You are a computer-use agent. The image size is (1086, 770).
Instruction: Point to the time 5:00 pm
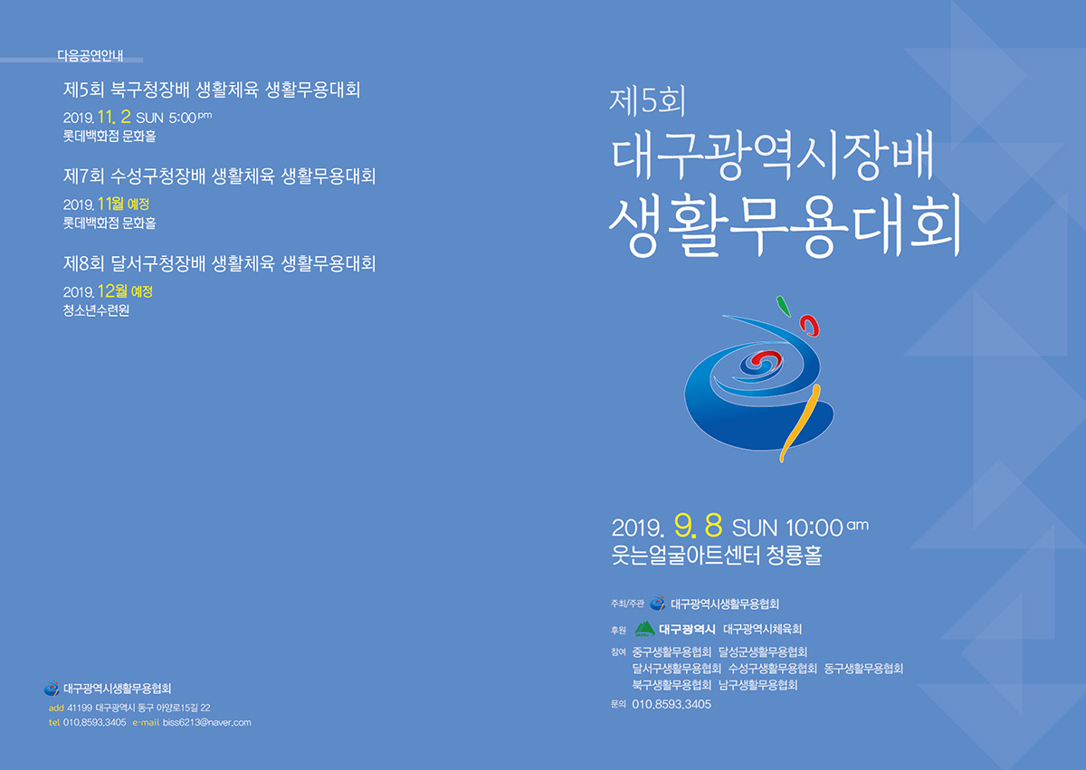(x=189, y=118)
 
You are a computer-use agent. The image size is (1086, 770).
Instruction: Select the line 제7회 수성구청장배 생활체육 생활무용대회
(x=219, y=176)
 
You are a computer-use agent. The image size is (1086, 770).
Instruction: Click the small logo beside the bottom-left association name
(x=52, y=689)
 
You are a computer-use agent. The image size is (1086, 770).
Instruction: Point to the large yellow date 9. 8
(x=698, y=526)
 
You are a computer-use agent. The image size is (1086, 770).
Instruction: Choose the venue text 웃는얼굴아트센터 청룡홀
(x=717, y=555)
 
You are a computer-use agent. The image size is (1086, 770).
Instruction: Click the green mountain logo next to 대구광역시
(x=644, y=629)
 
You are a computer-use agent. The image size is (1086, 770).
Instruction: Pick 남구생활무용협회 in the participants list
(x=757, y=685)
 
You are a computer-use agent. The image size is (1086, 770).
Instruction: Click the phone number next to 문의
(x=672, y=704)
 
